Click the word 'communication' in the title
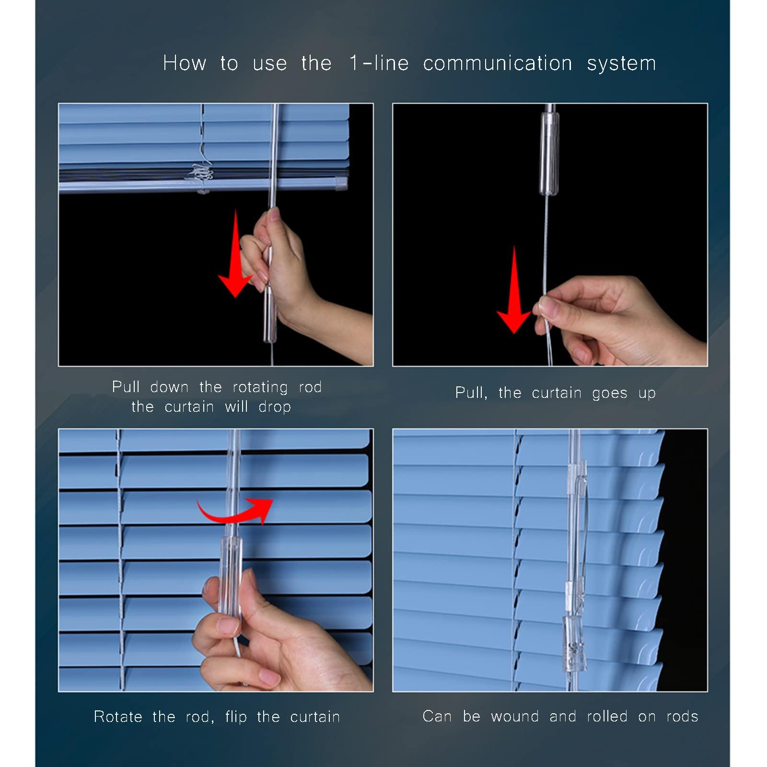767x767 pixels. (497, 63)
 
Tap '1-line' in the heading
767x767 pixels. (379, 63)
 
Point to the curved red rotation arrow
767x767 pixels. (235, 511)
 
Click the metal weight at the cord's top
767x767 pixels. (549, 151)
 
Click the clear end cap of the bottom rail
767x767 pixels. (340, 183)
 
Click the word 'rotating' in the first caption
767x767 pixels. (260, 387)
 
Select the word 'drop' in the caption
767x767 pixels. (274, 407)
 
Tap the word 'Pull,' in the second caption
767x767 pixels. (471, 393)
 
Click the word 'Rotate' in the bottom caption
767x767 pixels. (118, 717)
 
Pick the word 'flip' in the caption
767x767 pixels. (235, 717)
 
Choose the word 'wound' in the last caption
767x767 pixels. (515, 717)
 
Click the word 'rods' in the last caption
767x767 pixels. (682, 717)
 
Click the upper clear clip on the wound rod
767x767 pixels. (576, 472)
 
